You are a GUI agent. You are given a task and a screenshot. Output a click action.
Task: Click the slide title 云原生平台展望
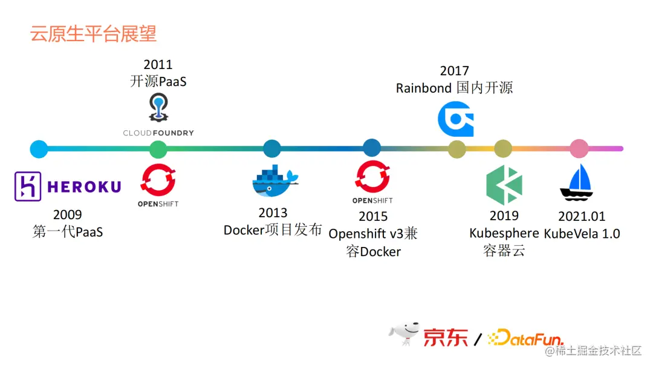tap(94, 33)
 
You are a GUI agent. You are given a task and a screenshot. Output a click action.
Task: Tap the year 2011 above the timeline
tap(158, 64)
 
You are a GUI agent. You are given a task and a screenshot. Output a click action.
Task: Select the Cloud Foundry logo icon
tap(158, 108)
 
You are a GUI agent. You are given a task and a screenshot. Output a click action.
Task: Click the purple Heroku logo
tap(68, 186)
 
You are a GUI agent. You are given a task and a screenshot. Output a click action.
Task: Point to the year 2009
tap(67, 215)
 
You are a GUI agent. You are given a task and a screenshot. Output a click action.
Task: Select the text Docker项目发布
tap(273, 231)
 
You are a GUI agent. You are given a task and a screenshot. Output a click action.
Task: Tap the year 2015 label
tap(373, 217)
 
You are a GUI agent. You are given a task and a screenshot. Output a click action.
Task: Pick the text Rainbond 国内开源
tap(454, 88)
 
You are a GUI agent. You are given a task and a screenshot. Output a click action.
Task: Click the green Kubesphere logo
tap(504, 185)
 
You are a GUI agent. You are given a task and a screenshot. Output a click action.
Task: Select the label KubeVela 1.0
tap(582, 234)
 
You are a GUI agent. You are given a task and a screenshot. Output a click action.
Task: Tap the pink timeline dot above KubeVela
tap(579, 148)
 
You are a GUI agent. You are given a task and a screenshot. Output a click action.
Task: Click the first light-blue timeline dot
tap(39, 148)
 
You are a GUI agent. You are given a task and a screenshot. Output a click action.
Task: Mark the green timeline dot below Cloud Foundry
tap(158, 148)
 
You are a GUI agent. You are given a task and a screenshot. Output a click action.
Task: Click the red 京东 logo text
tap(445, 337)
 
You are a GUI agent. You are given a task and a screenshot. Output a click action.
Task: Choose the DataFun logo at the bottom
tap(526, 338)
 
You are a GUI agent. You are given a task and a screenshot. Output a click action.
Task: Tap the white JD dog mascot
tap(404, 335)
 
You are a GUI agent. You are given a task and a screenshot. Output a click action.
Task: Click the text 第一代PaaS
tap(68, 232)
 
